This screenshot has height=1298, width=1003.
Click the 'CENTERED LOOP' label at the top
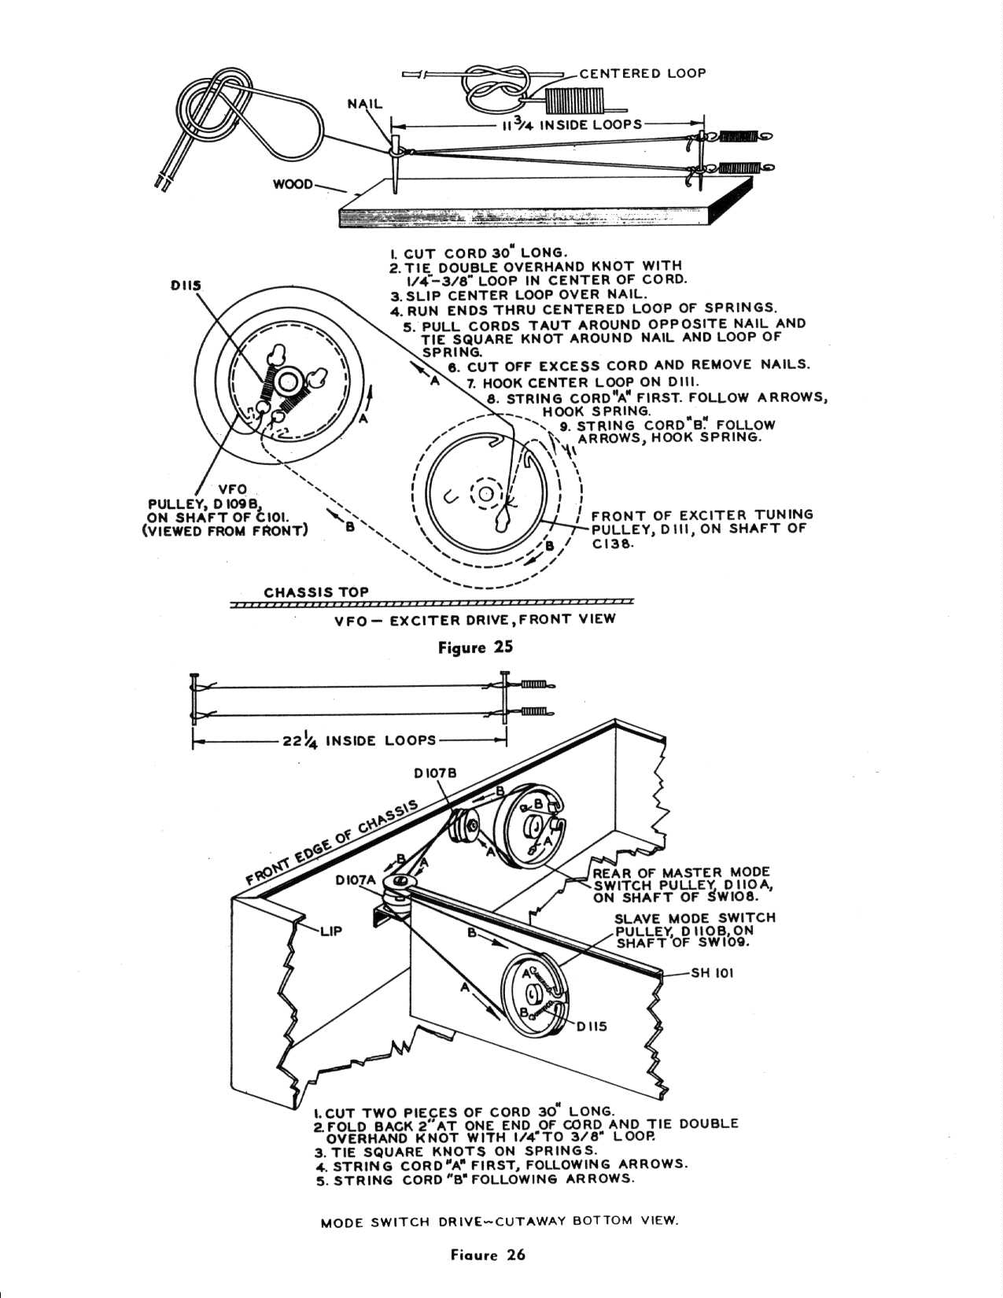point(642,73)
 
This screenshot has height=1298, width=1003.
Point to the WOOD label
point(293,184)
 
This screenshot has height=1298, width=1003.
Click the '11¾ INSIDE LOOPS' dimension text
point(571,125)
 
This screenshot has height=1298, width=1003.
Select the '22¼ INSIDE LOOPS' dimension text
point(359,740)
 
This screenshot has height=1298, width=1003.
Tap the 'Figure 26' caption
point(488,1255)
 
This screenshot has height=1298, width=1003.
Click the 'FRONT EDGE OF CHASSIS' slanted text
point(333,843)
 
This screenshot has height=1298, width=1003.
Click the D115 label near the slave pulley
point(592,1027)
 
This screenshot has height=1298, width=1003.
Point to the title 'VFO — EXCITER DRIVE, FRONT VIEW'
point(474,619)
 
